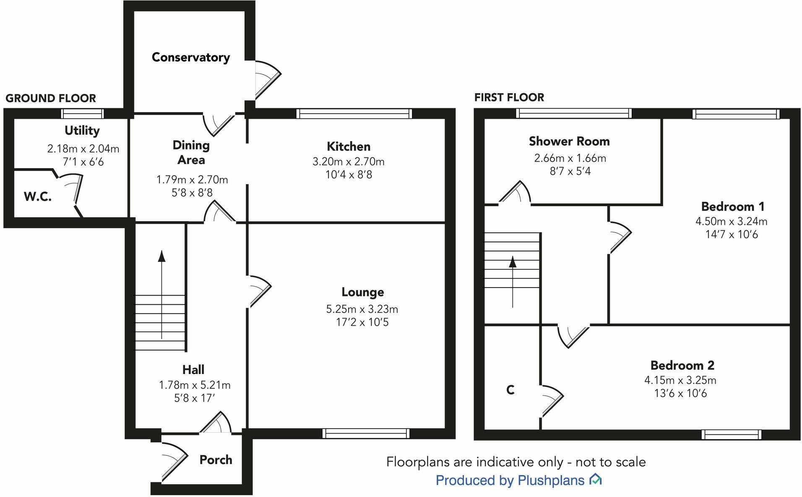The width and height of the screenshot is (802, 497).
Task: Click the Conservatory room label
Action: (x=191, y=58)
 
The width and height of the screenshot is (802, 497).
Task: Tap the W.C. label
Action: (x=38, y=196)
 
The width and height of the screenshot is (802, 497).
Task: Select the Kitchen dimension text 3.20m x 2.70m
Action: (x=348, y=162)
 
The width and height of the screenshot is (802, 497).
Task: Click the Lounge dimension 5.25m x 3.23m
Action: (x=362, y=309)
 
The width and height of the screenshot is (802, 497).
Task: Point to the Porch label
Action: (x=216, y=460)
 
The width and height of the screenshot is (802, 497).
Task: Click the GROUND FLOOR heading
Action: (x=51, y=98)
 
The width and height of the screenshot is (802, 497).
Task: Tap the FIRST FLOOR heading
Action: (x=509, y=97)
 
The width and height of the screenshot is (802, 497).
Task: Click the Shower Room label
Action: (x=569, y=141)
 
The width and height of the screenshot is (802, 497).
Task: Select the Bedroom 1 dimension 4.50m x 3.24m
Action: (x=731, y=221)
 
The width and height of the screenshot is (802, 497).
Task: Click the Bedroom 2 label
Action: (x=682, y=366)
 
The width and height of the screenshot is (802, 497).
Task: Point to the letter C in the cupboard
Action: (x=510, y=390)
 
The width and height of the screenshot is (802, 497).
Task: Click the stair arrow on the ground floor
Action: (x=161, y=294)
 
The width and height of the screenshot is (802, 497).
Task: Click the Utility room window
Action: (x=82, y=113)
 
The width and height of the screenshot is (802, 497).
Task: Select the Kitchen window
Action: (x=354, y=114)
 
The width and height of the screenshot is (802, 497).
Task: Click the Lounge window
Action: (x=366, y=434)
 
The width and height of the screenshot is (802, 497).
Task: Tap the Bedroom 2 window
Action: (x=731, y=435)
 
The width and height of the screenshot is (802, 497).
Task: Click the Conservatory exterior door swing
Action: (x=267, y=80)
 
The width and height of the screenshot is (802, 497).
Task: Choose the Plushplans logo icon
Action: (x=596, y=479)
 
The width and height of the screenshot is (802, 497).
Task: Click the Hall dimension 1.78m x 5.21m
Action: (x=195, y=385)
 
